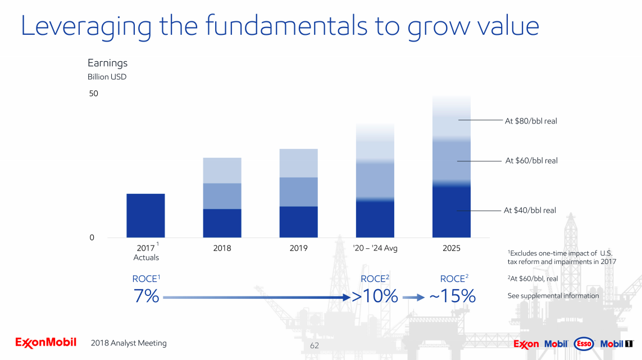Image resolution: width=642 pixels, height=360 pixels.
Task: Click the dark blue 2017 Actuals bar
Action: (145, 215)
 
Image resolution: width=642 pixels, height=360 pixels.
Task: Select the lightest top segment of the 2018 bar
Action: (222, 170)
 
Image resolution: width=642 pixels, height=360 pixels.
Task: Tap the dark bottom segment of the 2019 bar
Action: (298, 222)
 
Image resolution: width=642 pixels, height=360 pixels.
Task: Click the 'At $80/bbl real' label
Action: (531, 121)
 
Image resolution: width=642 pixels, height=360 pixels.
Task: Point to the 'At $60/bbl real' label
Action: (531, 161)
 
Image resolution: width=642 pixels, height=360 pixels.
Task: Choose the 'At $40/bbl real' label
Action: (530, 211)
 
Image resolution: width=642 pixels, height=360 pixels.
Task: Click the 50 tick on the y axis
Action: (93, 94)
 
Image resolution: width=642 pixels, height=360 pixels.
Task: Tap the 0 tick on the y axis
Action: (92, 238)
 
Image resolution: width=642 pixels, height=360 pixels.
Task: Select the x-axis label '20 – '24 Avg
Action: (375, 248)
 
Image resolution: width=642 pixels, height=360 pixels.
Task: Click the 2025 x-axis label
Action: (451, 248)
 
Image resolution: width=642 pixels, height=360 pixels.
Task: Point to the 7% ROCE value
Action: (146, 296)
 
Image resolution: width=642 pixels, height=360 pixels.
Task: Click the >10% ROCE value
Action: (375, 296)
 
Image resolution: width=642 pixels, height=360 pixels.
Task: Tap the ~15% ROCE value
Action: (452, 296)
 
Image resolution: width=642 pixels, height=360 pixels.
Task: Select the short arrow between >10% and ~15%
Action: (413, 298)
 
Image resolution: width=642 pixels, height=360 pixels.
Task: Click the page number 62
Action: (314, 345)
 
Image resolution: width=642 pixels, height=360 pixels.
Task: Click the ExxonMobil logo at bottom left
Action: (45, 343)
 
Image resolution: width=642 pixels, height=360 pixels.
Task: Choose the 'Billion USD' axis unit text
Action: (107, 77)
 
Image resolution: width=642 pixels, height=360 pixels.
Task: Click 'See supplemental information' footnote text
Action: (553, 296)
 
